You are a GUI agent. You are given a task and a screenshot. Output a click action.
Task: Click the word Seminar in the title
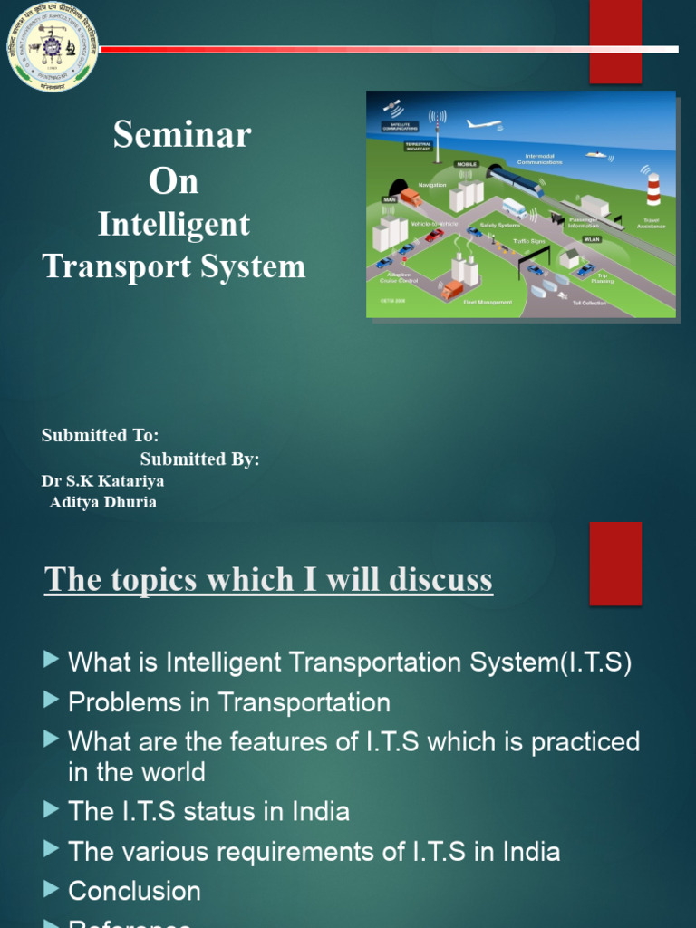click(182, 135)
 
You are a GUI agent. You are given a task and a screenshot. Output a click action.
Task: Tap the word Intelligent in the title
click(174, 224)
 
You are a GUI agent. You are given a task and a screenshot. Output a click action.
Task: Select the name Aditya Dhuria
click(102, 502)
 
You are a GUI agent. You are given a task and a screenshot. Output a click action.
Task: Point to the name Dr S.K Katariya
click(102, 481)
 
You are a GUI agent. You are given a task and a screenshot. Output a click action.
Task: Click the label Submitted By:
click(199, 459)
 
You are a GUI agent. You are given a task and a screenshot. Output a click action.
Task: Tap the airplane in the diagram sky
click(483, 124)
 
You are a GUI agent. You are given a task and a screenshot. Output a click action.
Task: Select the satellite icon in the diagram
click(396, 108)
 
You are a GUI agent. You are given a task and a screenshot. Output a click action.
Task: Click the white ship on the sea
click(595, 155)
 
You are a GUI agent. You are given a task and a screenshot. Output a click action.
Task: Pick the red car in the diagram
click(434, 236)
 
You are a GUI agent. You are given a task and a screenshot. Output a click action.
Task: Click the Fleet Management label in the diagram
click(488, 303)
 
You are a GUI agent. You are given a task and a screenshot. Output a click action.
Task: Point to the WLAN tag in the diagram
click(592, 239)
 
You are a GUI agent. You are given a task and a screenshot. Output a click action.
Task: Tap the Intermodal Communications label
click(539, 159)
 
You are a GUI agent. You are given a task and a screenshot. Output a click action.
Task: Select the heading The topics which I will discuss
click(268, 579)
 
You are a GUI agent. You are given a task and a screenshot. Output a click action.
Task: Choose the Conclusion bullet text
click(134, 891)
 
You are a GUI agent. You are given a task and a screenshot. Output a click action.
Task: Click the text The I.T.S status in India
click(208, 811)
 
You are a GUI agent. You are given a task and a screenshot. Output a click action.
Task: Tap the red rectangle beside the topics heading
click(615, 563)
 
